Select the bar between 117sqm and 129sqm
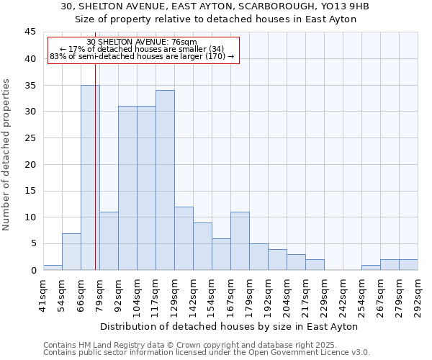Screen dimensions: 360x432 coord(165,180)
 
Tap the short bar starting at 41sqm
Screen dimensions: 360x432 coord(53,267)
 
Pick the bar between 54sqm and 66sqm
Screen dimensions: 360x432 coord(71,251)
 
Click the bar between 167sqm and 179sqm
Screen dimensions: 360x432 coord(240,240)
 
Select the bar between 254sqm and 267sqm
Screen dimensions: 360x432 coord(371,267)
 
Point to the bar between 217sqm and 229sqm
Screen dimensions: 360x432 coord(315,264)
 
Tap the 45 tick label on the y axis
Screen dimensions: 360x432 coord(30,32)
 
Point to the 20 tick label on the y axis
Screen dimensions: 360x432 coord(30,164)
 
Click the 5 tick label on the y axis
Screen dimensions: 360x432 coord(33,243)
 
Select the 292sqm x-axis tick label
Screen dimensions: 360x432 coord(418,294)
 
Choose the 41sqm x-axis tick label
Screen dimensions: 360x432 coord(43,292)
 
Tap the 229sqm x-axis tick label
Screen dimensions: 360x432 coord(324,294)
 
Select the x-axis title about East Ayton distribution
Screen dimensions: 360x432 coord(230,327)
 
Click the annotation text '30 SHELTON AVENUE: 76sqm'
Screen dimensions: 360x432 coord(142,42)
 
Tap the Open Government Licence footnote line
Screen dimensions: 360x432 coord(206,353)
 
